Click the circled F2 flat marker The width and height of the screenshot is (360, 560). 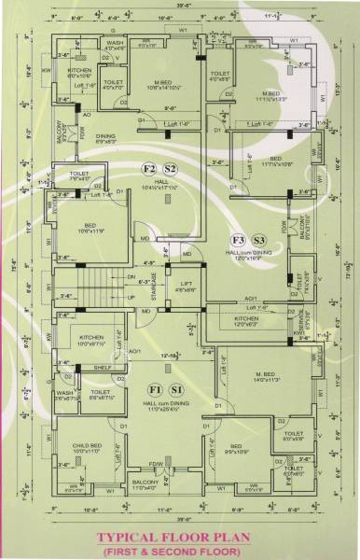pos(148,168)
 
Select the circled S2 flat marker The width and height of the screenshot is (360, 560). pos(171,168)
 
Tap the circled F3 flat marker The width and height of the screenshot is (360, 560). pos(238,240)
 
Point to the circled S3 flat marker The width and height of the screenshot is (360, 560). pos(259,240)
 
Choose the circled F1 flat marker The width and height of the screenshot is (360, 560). pos(155,388)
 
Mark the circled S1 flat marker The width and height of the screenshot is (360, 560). pos(177,388)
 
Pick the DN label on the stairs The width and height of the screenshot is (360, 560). pos(131,277)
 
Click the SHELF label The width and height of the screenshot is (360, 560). pos(104,368)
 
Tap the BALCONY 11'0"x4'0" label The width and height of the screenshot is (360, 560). pos(145,483)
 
